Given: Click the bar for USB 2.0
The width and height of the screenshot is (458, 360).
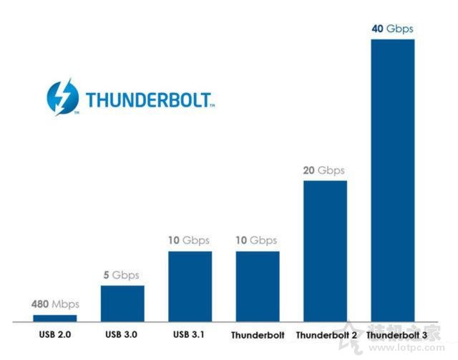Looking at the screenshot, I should click(55, 317).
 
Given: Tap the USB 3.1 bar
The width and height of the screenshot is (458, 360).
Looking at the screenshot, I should click(190, 286).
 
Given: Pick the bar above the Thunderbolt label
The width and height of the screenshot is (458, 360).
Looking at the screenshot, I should click(258, 286).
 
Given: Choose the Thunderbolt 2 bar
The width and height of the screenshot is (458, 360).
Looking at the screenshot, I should click(325, 250).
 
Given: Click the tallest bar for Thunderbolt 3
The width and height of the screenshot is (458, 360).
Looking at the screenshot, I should click(393, 179).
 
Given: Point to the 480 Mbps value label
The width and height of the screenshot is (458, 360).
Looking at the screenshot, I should click(55, 304).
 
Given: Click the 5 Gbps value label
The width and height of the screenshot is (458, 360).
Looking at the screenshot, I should click(122, 275).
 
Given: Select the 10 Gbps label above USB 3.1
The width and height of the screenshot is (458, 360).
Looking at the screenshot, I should click(190, 240).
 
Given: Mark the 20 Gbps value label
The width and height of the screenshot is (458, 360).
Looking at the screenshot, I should click(325, 170).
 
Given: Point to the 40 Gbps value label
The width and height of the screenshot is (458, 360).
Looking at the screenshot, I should click(393, 29).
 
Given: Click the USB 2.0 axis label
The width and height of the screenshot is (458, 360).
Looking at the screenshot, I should click(55, 334).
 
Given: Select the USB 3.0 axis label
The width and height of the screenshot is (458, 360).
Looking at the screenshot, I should click(122, 334).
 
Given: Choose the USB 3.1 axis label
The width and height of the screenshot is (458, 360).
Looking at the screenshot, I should click(190, 334).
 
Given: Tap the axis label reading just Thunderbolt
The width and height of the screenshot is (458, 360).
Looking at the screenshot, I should click(258, 335).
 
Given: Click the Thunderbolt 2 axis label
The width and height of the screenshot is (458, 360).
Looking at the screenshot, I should click(325, 335).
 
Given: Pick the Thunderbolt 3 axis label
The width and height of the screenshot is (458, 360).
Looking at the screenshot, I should click(393, 335).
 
